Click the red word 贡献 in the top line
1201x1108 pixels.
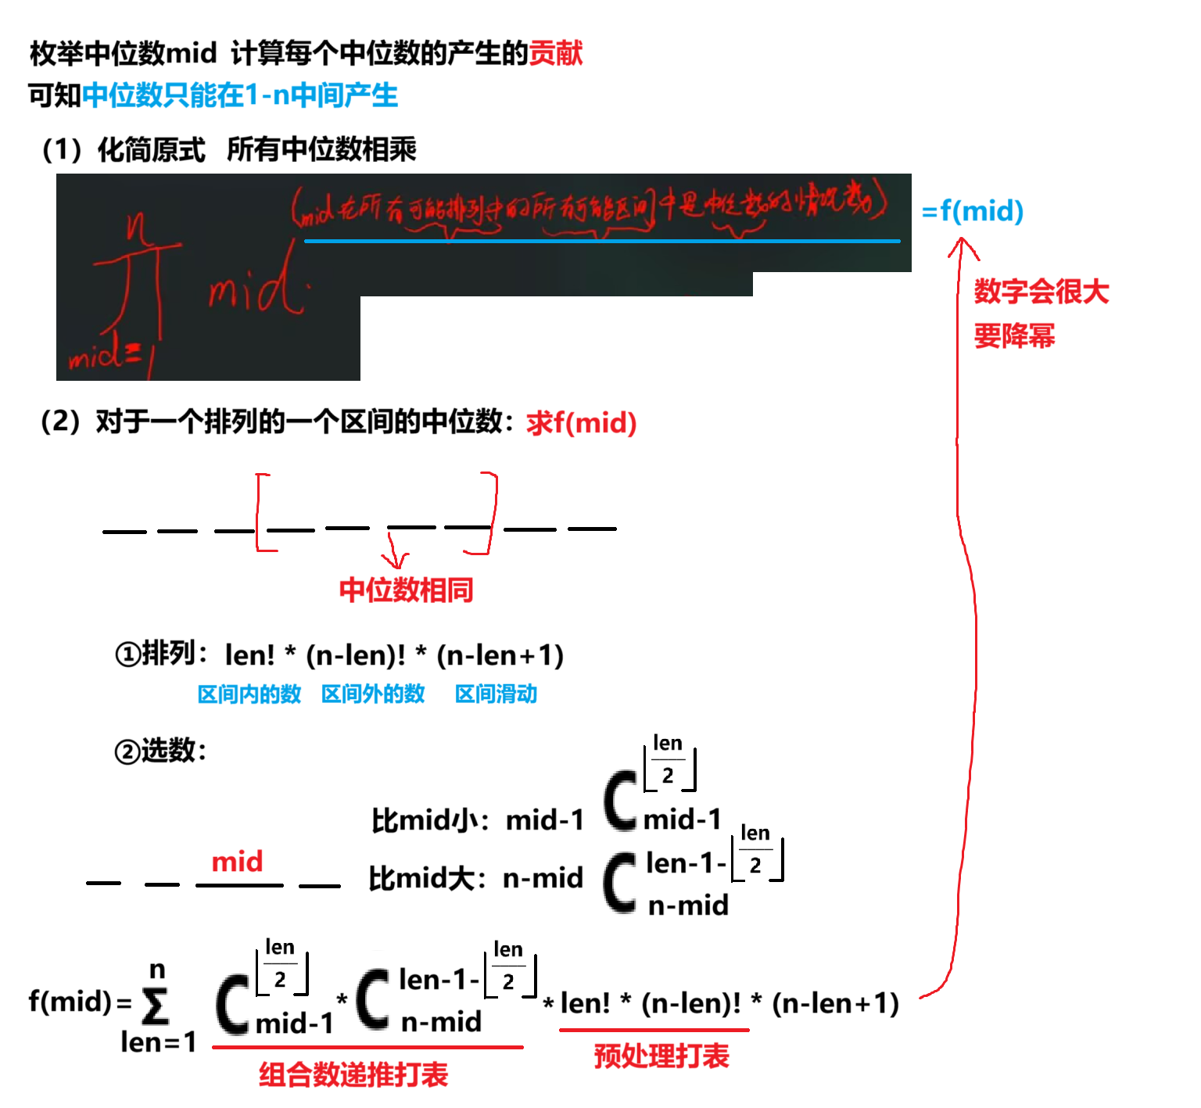click(x=556, y=53)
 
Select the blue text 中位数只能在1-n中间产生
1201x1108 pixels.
click(x=240, y=95)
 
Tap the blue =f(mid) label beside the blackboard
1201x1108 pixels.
click(x=973, y=211)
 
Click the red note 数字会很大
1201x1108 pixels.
click(x=1041, y=292)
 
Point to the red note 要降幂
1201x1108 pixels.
click(x=1014, y=336)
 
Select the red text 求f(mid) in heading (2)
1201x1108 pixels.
click(x=581, y=423)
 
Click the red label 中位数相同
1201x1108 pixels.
click(x=406, y=590)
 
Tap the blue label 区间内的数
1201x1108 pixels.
click(x=249, y=694)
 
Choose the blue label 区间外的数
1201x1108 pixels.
click(x=373, y=694)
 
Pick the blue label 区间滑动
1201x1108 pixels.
click(x=496, y=694)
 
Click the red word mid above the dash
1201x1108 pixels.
click(x=237, y=862)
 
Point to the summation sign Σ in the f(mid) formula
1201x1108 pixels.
click(x=156, y=1006)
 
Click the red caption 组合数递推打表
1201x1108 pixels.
click(x=353, y=1075)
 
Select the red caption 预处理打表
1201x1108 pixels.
click(x=661, y=1056)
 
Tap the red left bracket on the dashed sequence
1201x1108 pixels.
click(x=260, y=512)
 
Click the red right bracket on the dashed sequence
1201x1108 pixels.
click(x=489, y=512)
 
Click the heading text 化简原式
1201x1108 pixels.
click(x=151, y=149)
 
